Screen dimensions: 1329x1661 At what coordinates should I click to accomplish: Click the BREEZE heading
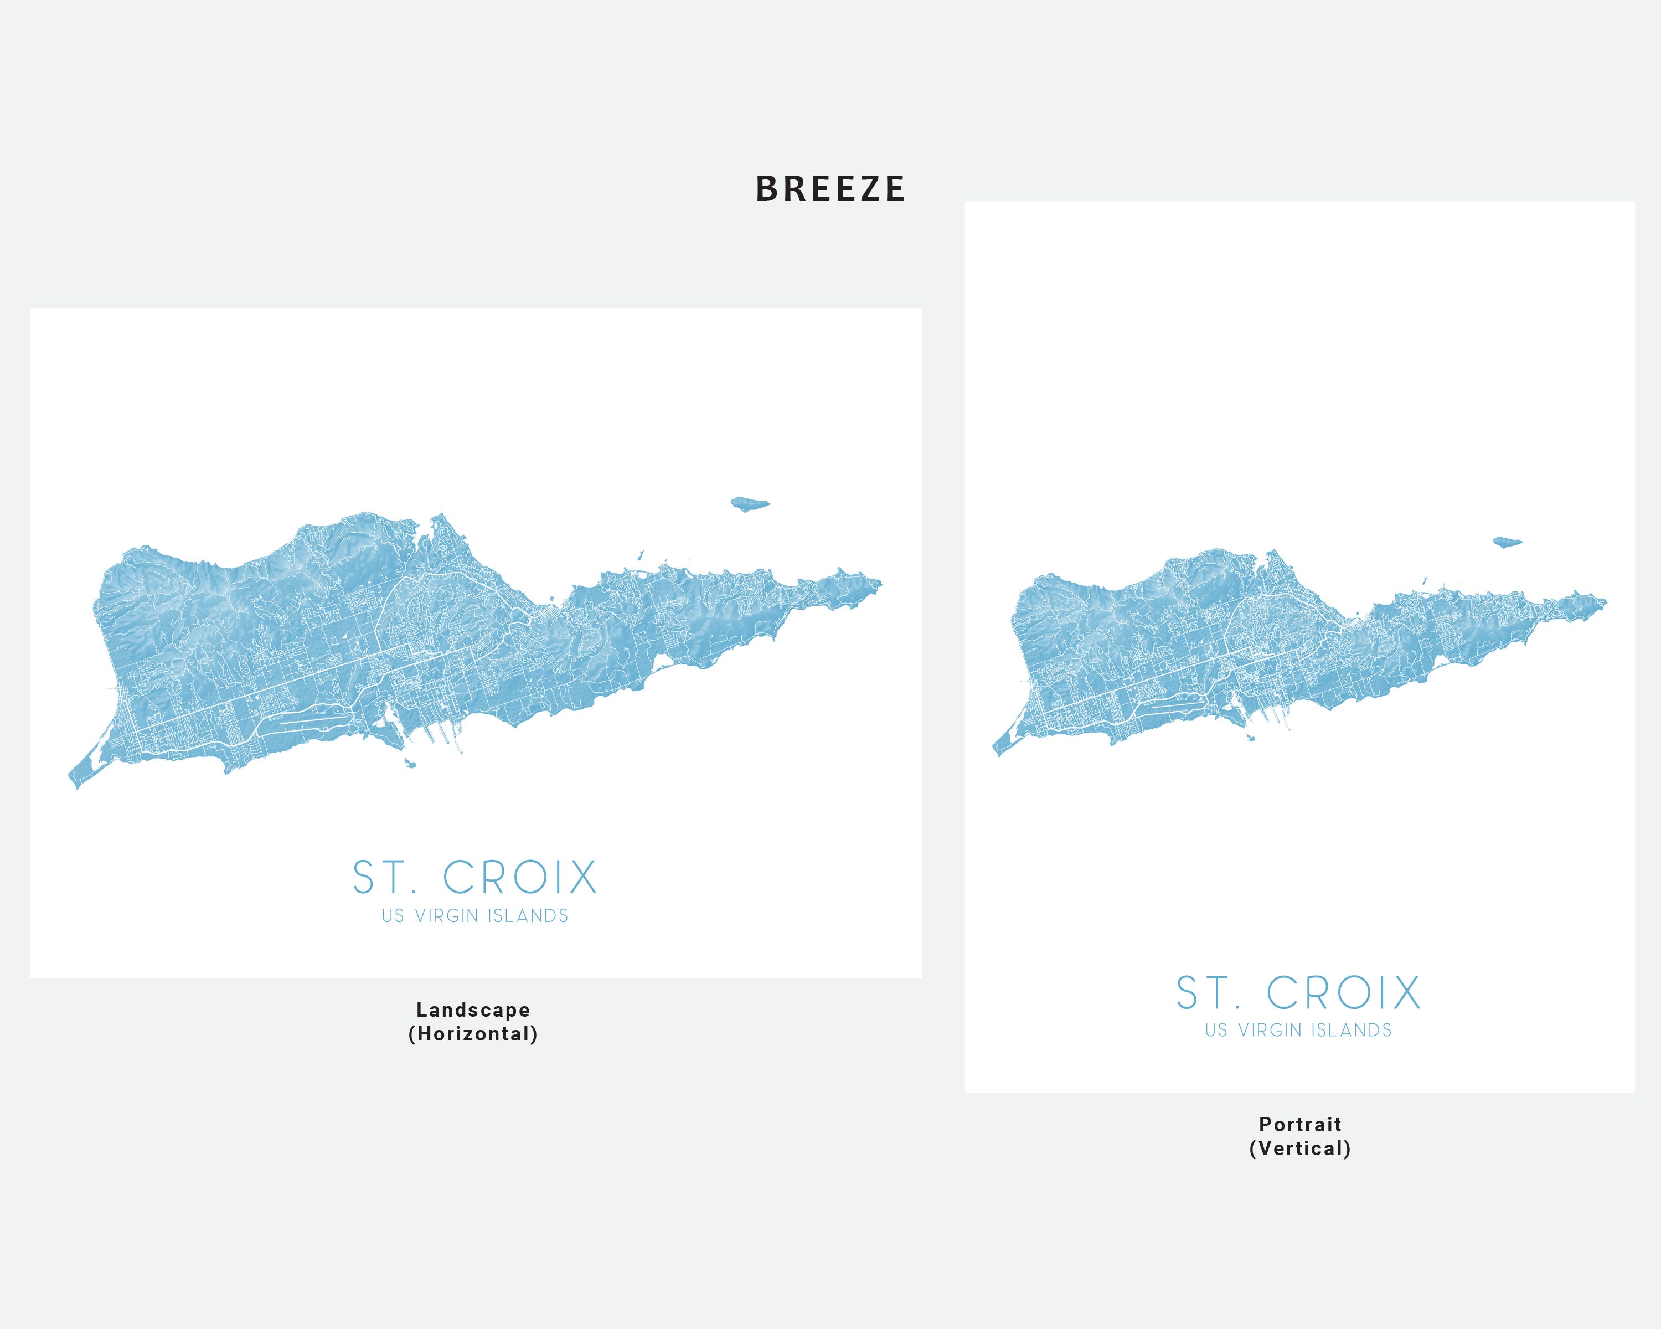(x=830, y=189)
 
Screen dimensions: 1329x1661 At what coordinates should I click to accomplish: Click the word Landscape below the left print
(x=473, y=1010)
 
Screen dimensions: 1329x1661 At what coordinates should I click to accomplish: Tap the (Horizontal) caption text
(x=473, y=1034)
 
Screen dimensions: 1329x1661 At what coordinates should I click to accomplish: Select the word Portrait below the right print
(x=1299, y=1125)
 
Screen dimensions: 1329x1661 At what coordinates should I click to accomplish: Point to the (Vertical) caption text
(x=1299, y=1148)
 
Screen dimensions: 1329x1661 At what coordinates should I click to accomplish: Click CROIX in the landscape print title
(x=520, y=878)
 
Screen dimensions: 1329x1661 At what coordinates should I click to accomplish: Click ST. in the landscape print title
(x=384, y=878)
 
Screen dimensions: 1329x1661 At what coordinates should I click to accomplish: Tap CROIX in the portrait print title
(x=1344, y=993)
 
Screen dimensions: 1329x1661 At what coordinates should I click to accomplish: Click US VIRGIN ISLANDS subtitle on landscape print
(x=474, y=916)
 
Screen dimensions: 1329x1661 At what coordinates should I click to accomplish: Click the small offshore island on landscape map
(x=749, y=504)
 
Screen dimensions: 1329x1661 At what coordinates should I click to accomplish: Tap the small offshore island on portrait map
(x=1507, y=542)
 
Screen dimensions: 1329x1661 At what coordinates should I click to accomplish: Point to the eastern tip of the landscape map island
(x=879, y=584)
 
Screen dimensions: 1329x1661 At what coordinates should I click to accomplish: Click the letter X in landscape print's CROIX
(x=582, y=878)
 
